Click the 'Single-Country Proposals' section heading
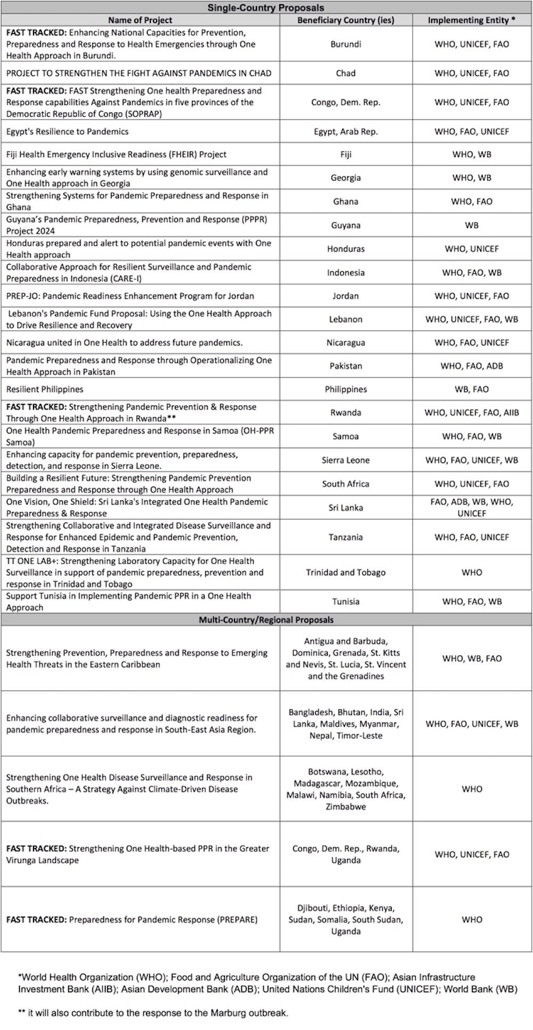265,7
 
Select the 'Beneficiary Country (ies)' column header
345,20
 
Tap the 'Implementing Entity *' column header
472,20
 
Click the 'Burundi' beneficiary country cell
345,44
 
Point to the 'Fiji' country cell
345,155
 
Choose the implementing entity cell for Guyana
472,225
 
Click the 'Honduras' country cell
345,249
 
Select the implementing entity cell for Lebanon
472,320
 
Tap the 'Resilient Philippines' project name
45,390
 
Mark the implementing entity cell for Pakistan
472,366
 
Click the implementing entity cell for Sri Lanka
472,508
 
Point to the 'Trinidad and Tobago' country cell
345,573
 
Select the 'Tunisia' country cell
345,602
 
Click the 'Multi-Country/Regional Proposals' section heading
265,620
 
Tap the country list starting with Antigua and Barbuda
345,659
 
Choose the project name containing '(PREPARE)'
132,920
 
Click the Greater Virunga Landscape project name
138,855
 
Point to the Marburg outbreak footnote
153,1013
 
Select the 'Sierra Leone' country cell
345,460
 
